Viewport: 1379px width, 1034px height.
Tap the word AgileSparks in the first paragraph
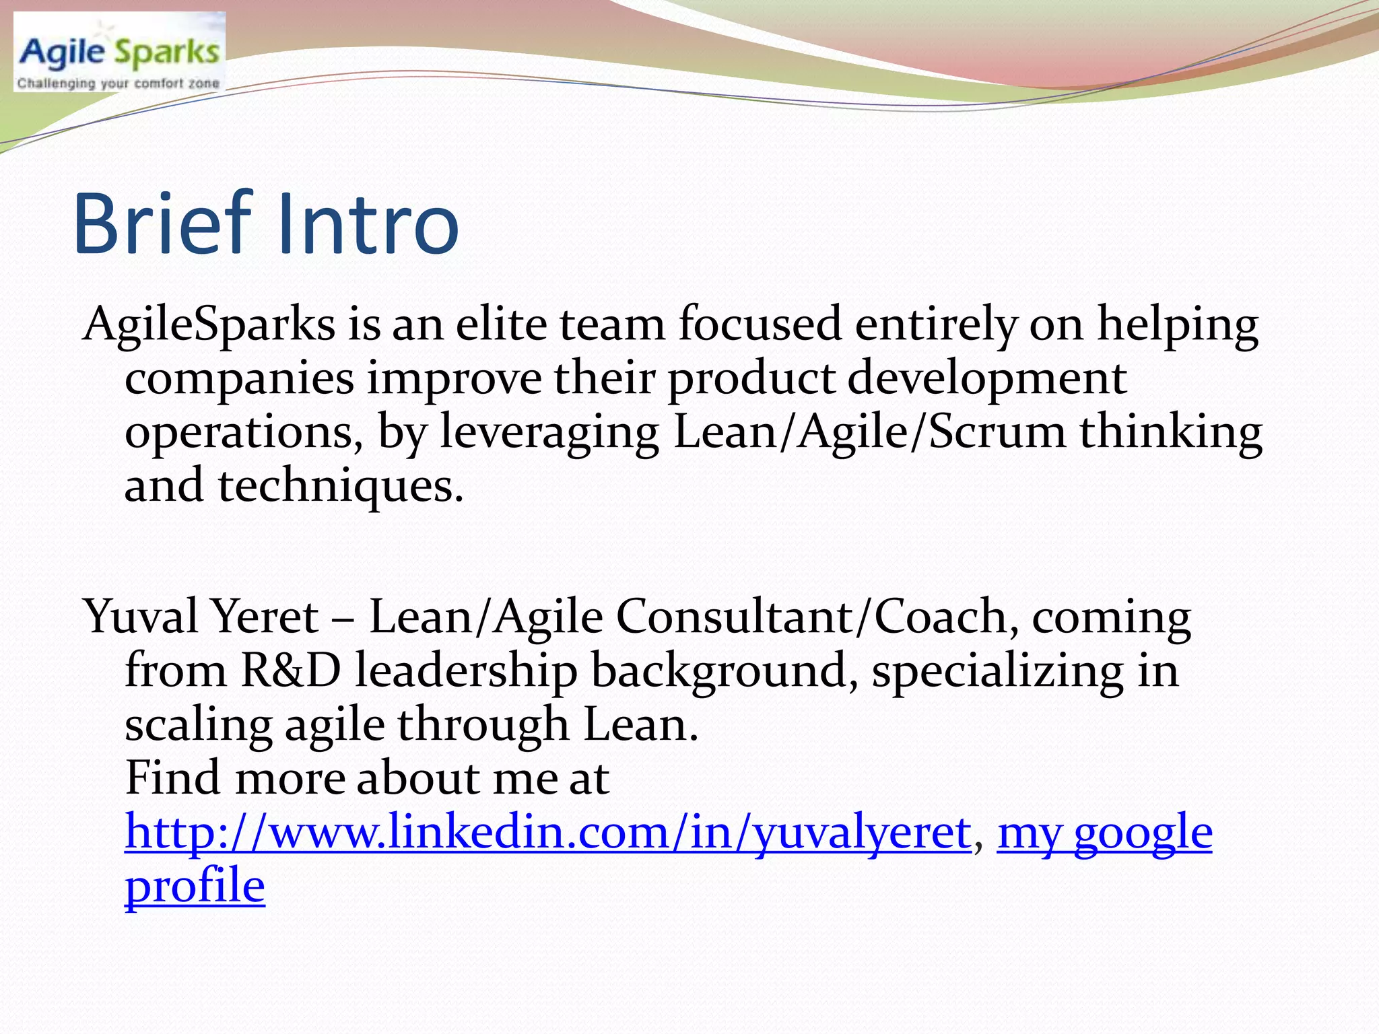(209, 325)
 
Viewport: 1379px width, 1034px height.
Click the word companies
(239, 379)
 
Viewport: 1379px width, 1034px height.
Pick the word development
(986, 379)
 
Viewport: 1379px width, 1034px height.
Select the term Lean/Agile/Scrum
(869, 433)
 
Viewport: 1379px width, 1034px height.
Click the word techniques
(340, 486)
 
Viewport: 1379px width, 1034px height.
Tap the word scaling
(199, 726)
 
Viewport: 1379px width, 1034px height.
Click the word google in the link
(1143, 833)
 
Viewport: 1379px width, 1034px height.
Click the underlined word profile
(195, 887)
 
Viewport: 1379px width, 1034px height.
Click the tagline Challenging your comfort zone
(119, 83)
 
